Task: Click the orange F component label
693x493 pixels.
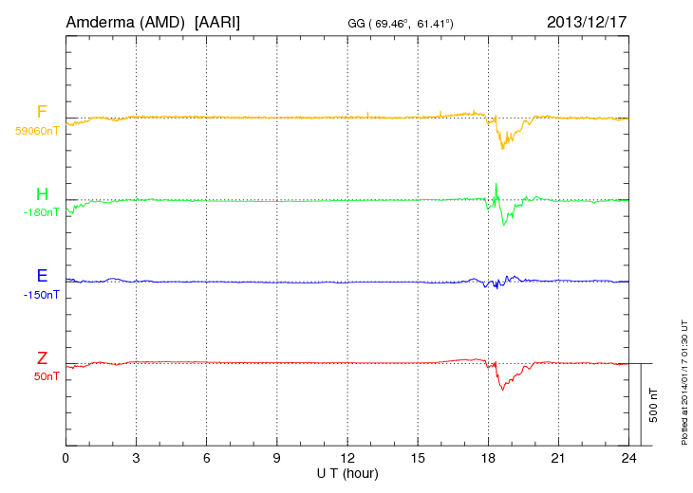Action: pyautogui.click(x=42, y=112)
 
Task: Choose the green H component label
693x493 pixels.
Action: pyautogui.click(x=42, y=194)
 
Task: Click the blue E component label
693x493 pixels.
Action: pyautogui.click(x=42, y=276)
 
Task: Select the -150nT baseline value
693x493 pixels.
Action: pyautogui.click(x=42, y=295)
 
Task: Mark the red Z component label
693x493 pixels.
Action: pyautogui.click(x=42, y=358)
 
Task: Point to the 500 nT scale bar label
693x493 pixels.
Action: pyautogui.click(x=653, y=404)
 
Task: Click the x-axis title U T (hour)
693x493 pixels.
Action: pyautogui.click(x=347, y=472)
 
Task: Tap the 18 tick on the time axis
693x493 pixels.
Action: pyautogui.click(x=488, y=458)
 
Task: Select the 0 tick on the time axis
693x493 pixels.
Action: pyautogui.click(x=66, y=458)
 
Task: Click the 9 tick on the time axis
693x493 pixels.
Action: pyautogui.click(x=277, y=458)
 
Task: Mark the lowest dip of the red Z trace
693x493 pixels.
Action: pyautogui.click(x=502, y=390)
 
